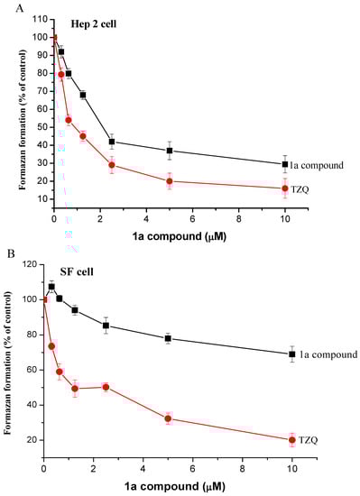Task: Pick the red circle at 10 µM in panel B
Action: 291,440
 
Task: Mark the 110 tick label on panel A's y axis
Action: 35,19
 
